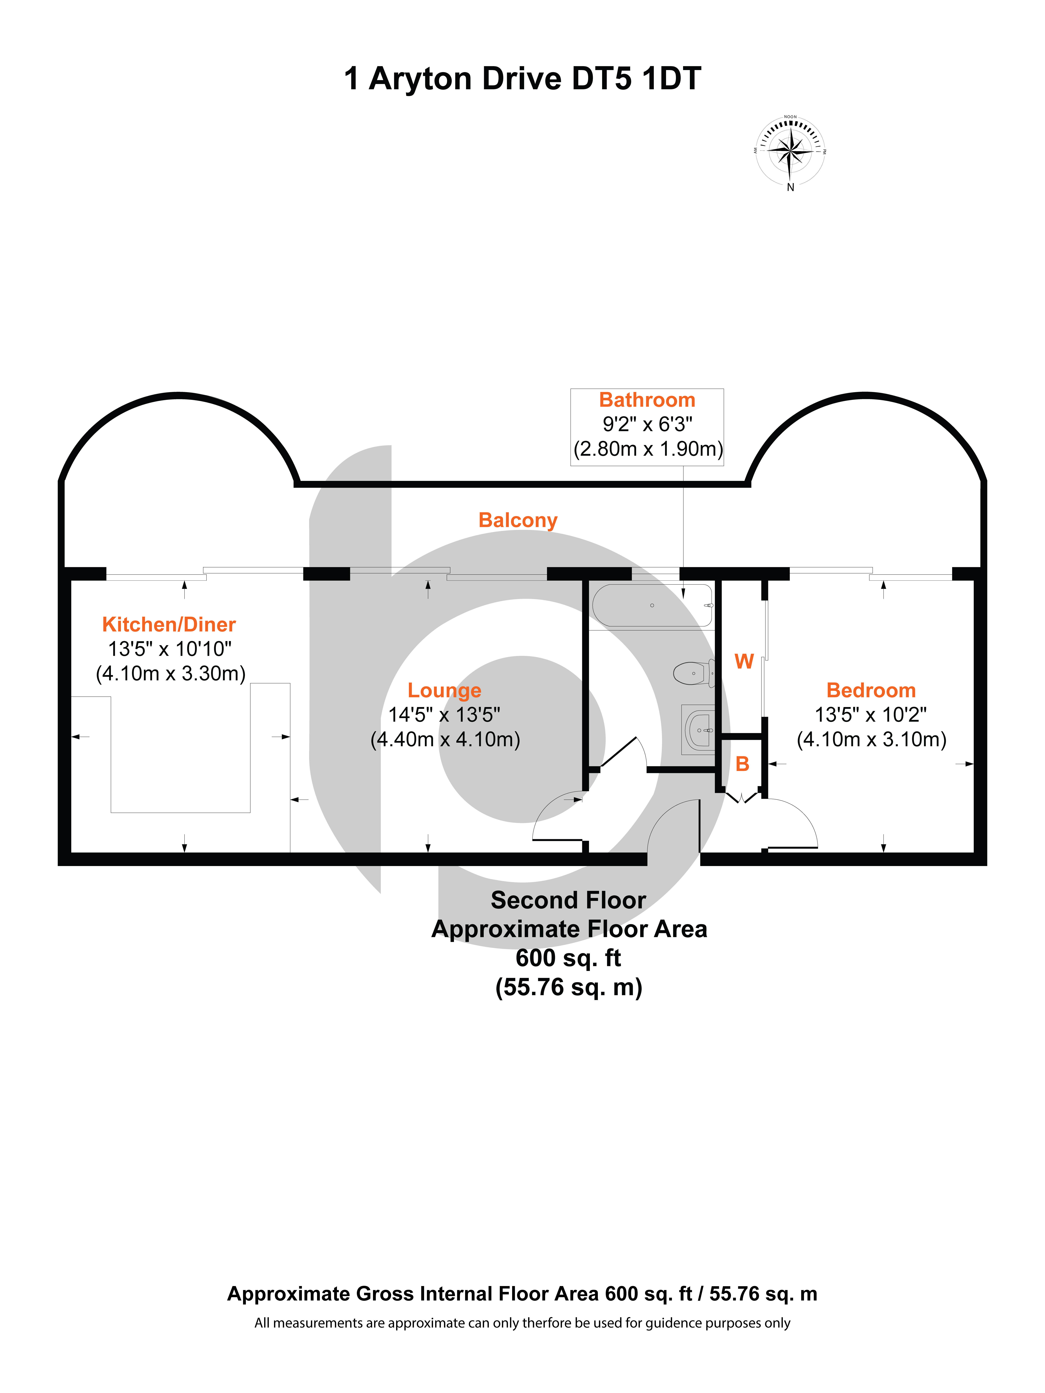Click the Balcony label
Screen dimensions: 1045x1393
coord(518,520)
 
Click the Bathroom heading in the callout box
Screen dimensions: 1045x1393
coord(647,400)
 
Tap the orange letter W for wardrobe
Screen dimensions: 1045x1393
coord(744,661)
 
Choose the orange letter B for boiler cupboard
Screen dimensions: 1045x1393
coord(743,764)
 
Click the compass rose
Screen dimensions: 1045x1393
coord(790,151)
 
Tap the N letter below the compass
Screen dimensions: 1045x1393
coord(791,187)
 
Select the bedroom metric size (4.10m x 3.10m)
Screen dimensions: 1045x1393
coord(872,739)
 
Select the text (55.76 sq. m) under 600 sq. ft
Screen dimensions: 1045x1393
coord(569,987)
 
